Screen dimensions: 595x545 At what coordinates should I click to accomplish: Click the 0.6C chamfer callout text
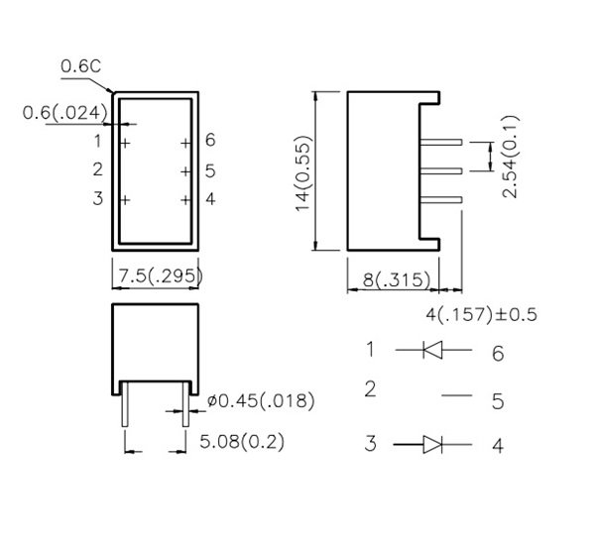81,66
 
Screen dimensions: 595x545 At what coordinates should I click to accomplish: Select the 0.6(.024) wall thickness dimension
64,113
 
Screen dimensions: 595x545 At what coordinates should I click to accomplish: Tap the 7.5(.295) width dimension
161,275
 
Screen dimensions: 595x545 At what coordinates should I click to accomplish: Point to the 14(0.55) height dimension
303,173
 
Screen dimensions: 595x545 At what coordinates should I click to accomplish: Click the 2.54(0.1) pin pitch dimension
510,157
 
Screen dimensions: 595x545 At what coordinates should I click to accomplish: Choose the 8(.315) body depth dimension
397,279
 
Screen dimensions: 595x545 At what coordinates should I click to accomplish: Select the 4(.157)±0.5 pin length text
481,314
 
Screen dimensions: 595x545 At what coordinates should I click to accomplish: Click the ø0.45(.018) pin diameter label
261,401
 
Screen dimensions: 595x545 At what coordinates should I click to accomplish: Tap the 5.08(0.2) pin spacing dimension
242,442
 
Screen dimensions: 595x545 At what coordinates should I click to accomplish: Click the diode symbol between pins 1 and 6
432,350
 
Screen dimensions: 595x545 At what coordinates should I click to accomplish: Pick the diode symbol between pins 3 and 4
432,444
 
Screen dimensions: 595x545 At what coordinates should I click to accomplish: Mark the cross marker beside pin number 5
185,171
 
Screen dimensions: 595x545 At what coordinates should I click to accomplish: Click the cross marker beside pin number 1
125,143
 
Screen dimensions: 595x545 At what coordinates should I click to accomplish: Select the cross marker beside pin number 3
125,200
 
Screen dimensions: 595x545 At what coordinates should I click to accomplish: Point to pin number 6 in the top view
210,140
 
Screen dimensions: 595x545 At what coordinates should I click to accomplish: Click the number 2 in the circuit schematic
370,389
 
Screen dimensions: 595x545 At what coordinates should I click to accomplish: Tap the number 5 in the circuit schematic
498,401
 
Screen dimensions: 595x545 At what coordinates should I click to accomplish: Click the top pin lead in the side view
441,143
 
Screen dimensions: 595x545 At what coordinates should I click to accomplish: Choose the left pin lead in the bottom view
125,404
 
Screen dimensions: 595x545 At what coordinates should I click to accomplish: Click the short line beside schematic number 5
457,395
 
